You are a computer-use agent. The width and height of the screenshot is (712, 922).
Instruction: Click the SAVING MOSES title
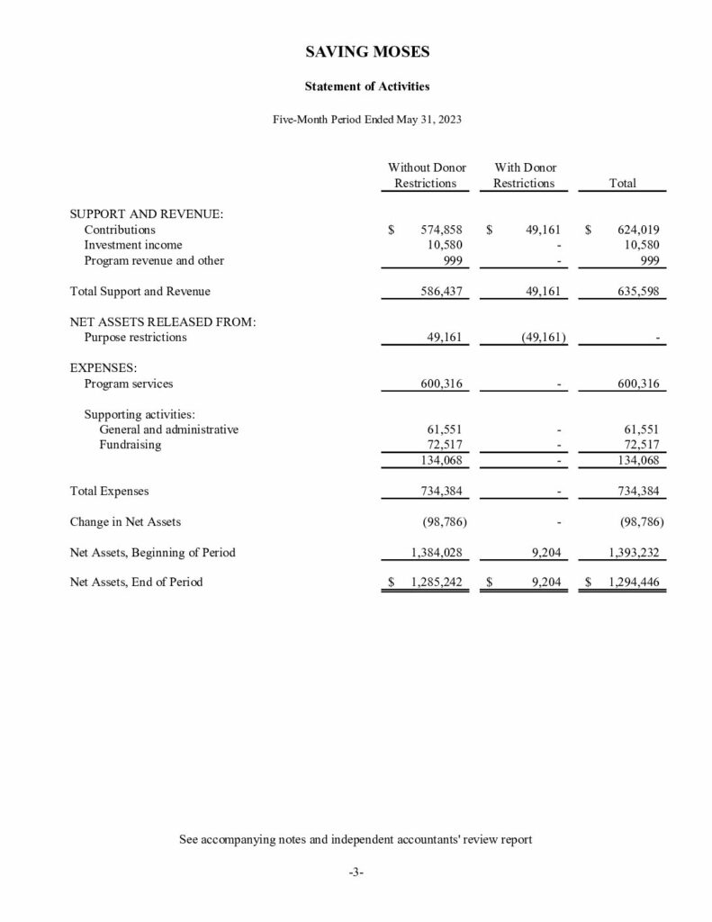(x=356, y=52)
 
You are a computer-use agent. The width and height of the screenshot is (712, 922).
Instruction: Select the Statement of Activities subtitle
(x=356, y=87)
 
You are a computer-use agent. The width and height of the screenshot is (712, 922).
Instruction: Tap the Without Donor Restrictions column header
(x=427, y=176)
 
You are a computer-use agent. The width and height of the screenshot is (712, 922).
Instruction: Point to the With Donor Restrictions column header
(x=525, y=176)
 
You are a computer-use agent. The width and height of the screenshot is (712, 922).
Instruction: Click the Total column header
(x=622, y=183)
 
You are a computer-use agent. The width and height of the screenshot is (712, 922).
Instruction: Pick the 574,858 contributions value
(x=441, y=230)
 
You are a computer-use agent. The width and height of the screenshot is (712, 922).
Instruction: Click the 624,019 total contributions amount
(x=638, y=230)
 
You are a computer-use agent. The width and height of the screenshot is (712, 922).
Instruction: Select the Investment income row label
(x=133, y=245)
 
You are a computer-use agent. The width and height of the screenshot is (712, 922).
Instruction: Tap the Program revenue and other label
(x=154, y=261)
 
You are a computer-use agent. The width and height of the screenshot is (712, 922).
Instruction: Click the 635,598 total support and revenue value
(x=638, y=292)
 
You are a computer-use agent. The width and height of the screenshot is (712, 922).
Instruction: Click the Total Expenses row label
(x=110, y=492)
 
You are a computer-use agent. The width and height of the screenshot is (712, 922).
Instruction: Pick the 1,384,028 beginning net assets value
(x=436, y=552)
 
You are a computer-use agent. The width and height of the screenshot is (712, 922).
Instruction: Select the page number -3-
(x=356, y=872)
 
